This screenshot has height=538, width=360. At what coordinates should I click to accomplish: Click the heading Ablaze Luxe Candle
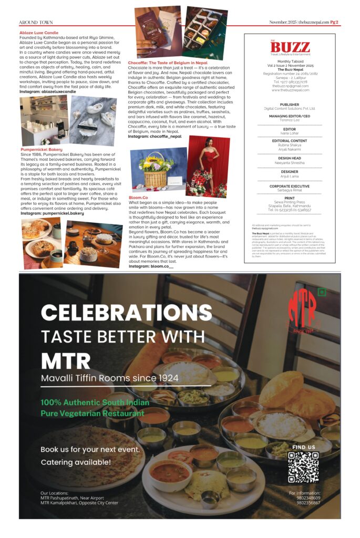click(38, 33)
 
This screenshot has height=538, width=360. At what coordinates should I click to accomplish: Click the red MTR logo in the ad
click(302, 311)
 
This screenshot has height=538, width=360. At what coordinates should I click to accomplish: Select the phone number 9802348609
click(308, 498)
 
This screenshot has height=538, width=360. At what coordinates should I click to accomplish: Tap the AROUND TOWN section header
click(36, 23)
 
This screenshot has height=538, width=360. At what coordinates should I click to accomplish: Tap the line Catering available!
click(76, 462)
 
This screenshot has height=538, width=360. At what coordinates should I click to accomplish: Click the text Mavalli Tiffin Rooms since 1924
click(109, 378)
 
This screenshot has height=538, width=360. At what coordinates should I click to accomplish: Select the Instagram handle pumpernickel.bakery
click(52, 214)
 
